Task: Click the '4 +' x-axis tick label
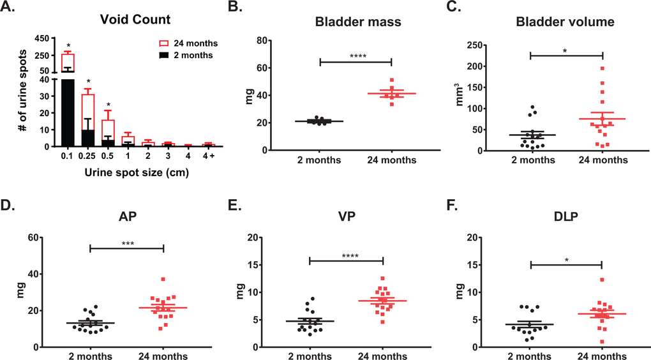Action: pos(207,154)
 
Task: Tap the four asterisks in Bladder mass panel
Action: pos(355,56)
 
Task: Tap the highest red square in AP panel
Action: pos(163,279)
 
